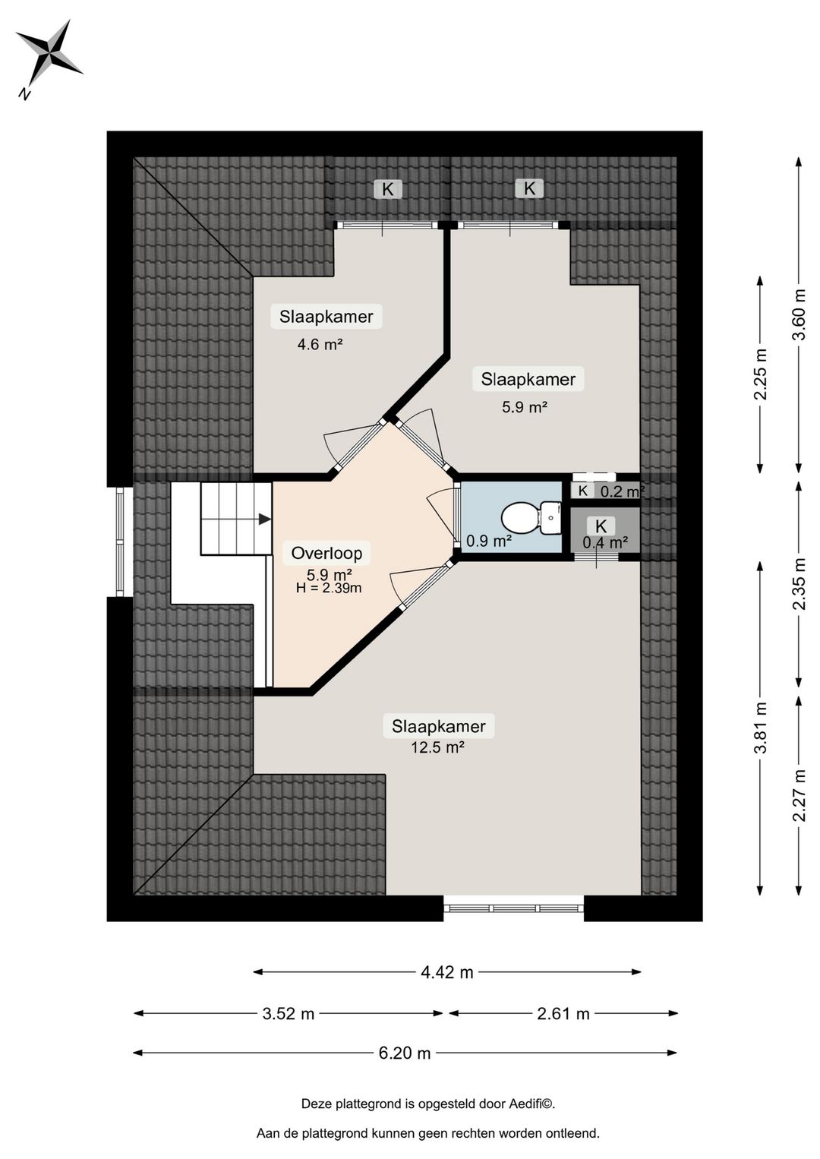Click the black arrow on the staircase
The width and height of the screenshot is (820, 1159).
pyautogui.click(x=264, y=519)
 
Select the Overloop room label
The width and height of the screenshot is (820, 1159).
pyautogui.click(x=326, y=553)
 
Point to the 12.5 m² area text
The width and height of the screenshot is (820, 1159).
pyautogui.click(x=437, y=747)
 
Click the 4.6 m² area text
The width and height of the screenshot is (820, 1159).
pyautogui.click(x=320, y=344)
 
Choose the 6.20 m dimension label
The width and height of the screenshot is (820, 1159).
pyautogui.click(x=405, y=1053)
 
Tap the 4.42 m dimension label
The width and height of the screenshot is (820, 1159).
pyautogui.click(x=447, y=972)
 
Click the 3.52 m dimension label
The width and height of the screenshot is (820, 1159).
pyautogui.click(x=289, y=1013)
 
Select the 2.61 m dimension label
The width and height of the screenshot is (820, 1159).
pyautogui.click(x=563, y=1013)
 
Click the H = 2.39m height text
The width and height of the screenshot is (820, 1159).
pyautogui.click(x=329, y=588)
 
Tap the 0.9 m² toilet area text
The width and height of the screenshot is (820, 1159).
pyautogui.click(x=489, y=542)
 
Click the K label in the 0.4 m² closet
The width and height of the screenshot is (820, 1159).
pyautogui.click(x=601, y=526)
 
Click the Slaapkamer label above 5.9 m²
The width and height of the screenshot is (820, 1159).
pyautogui.click(x=528, y=379)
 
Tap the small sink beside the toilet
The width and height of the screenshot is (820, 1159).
pyautogui.click(x=550, y=518)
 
